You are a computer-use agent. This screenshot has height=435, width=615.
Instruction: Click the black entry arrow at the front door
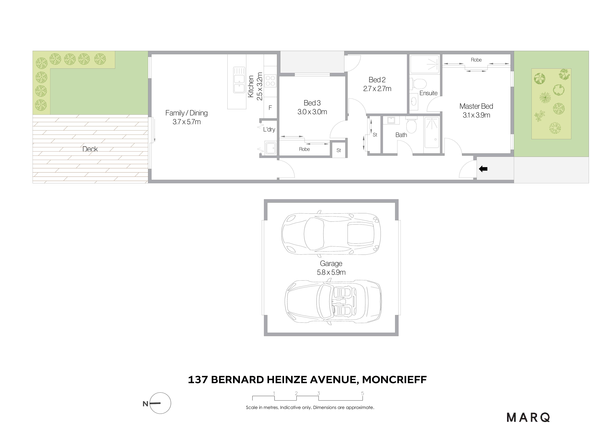click(483, 169)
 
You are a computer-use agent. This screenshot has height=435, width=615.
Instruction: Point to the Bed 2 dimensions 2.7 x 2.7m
click(377, 89)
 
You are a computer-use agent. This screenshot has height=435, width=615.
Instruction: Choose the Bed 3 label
click(312, 103)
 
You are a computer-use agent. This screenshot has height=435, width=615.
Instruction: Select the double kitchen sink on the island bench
click(239, 80)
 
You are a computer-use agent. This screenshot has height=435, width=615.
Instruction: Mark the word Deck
click(90, 149)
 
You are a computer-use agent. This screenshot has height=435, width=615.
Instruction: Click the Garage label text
click(331, 263)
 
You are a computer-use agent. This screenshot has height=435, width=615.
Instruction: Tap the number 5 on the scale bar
click(362, 393)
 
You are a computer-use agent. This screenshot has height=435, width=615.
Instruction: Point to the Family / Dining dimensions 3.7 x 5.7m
click(187, 122)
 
